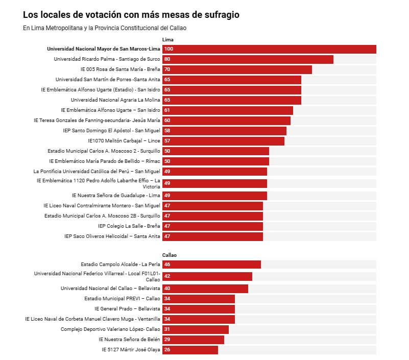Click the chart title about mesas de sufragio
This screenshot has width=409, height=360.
131,15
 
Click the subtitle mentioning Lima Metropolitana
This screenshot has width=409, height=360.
108,28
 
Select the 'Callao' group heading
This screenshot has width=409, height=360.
170,255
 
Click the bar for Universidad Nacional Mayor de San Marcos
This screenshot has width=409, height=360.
269,49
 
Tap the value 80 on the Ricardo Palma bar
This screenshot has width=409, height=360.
167,59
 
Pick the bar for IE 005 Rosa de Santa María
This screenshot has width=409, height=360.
237,69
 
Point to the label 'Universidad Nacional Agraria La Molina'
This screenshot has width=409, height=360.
115,100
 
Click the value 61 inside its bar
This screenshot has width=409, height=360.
167,110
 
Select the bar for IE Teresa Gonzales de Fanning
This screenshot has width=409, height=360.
226,121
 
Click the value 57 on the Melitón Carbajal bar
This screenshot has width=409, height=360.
167,141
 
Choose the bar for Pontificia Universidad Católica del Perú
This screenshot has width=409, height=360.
214,172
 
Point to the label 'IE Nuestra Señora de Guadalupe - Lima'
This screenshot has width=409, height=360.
116,196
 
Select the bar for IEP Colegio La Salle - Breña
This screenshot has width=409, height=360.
212,226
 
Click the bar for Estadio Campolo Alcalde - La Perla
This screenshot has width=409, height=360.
211,265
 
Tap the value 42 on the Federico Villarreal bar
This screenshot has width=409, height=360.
167,276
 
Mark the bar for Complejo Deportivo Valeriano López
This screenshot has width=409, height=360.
196,329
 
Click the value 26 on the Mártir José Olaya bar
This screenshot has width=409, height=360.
167,350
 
